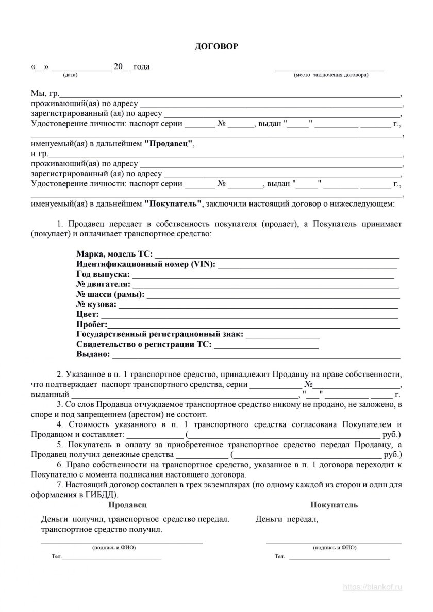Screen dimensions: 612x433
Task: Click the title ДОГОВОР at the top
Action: tap(216, 47)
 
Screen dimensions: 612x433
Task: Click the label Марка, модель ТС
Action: tap(114, 254)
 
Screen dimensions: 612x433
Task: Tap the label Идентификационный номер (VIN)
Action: tap(146, 264)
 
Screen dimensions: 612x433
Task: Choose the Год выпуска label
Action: tap(103, 274)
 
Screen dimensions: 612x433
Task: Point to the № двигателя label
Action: tap(104, 284)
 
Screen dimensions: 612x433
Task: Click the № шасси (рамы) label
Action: tap(110, 294)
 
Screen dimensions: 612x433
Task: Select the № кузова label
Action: tap(96, 304)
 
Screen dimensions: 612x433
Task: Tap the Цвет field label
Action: tap(86, 314)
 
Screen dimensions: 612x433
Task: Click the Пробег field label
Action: tap(91, 324)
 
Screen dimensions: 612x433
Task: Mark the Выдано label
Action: tap(93, 354)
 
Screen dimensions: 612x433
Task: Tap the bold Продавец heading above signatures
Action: tap(128, 505)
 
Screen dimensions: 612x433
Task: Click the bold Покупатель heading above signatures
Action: tap(334, 505)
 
